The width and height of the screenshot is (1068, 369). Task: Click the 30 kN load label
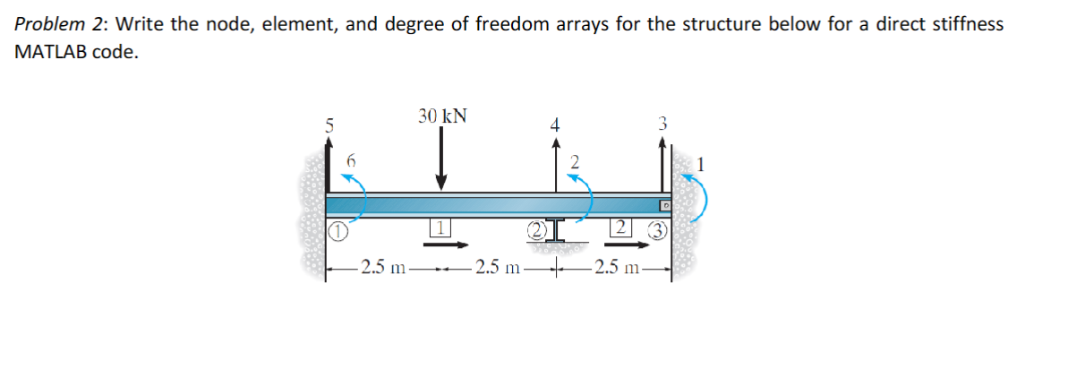[441, 116]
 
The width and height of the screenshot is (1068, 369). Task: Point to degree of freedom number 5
[329, 125]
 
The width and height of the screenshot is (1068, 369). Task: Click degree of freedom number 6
[351, 159]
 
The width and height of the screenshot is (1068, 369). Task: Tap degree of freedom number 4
[555, 125]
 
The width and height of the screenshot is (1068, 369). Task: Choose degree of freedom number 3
[662, 124]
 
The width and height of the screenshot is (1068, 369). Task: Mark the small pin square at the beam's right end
[665, 205]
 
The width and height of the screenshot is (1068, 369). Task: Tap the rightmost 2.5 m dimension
[619, 267]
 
